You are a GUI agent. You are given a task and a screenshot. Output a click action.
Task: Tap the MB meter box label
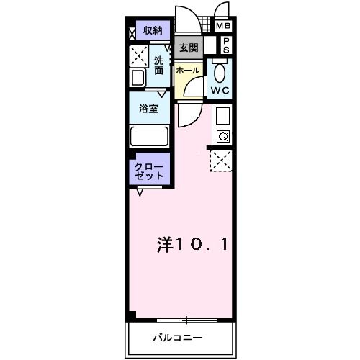tap(224, 26)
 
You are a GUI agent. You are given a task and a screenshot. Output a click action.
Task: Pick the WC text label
tap(219, 90)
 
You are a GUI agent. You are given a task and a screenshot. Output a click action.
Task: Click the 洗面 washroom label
tap(159, 66)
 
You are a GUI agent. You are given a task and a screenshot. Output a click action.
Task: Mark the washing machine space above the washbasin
tap(138, 55)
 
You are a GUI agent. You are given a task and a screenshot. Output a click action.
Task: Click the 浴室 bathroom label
tap(149, 109)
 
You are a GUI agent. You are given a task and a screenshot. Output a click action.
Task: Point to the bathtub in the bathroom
tap(148, 135)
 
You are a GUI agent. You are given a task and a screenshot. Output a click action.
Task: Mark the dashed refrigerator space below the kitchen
tap(220, 159)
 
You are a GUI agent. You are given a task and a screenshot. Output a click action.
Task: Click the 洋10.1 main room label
tap(192, 245)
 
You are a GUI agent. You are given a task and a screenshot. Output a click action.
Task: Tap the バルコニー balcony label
tap(177, 337)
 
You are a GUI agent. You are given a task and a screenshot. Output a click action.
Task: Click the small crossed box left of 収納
tap(132, 32)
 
